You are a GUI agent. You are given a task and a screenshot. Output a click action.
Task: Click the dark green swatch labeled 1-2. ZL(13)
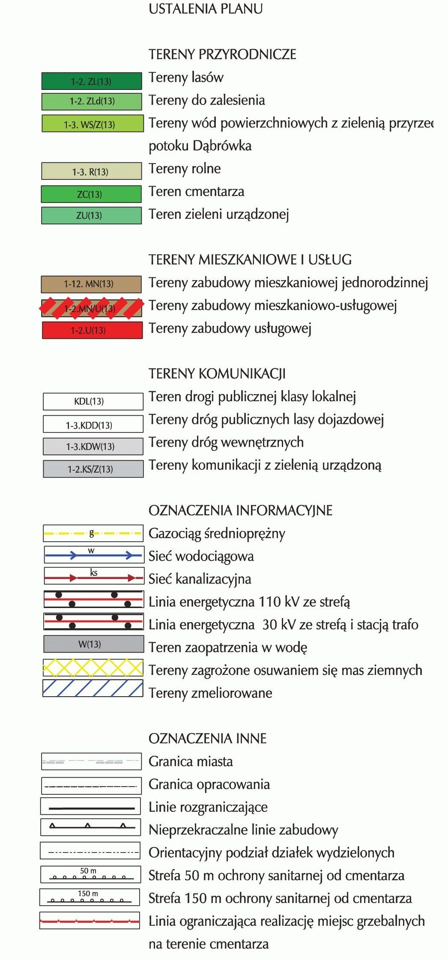click(91, 81)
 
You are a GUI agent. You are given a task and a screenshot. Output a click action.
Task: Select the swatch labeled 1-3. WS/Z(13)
click(92, 124)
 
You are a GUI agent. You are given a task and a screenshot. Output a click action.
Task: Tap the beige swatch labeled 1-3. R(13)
click(91, 171)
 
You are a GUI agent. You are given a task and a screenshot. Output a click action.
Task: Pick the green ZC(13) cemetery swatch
click(91, 194)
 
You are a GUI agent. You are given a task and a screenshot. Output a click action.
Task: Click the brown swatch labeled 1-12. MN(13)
click(91, 284)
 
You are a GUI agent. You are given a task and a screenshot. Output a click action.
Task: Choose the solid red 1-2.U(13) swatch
click(92, 330)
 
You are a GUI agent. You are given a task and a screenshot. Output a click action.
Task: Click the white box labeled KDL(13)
click(93, 401)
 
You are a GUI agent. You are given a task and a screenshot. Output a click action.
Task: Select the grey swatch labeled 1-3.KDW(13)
click(93, 446)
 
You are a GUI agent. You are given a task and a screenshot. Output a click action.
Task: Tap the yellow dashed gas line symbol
click(93, 534)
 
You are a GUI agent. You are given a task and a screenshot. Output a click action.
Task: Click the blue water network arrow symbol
click(93, 555)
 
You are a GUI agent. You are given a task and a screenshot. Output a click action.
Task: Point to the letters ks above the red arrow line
click(94, 572)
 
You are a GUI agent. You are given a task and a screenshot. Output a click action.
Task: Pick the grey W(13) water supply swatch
click(93, 644)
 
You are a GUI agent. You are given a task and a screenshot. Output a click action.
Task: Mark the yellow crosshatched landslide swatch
click(93, 668)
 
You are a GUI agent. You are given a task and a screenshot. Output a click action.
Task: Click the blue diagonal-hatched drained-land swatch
click(93, 689)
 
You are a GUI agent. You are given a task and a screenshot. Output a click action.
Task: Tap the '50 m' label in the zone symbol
click(88, 871)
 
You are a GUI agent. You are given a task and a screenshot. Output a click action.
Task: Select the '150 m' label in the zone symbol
click(88, 893)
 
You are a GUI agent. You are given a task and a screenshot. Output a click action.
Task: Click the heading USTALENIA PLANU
click(206, 9)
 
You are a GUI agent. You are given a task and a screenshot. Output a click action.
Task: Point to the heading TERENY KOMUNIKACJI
click(217, 374)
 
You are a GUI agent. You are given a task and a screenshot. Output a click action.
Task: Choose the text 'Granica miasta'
click(191, 761)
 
